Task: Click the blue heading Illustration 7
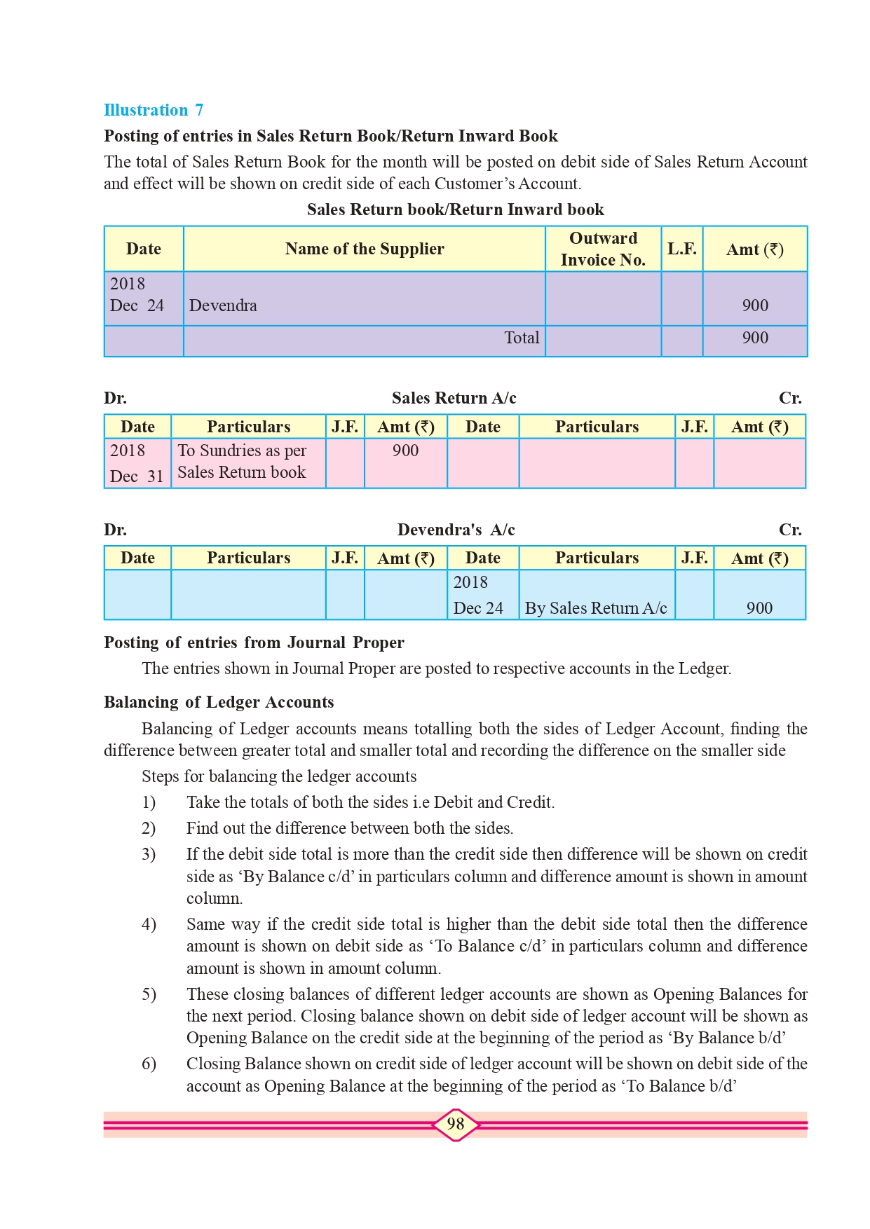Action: [x=154, y=110]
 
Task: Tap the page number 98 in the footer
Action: [x=456, y=1124]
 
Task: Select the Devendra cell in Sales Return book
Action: [x=223, y=305]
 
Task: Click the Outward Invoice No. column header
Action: [x=603, y=249]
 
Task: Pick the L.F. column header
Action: [x=681, y=249]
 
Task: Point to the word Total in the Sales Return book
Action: [x=522, y=338]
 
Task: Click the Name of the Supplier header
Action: [x=365, y=249]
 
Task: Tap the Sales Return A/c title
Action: [x=454, y=398]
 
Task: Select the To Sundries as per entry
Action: [x=242, y=451]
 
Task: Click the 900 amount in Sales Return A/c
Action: [x=405, y=451]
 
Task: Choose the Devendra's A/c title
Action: [x=456, y=530]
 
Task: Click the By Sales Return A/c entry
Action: [x=596, y=608]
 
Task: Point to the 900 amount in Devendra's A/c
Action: [x=759, y=608]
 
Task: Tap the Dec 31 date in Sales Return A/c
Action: [x=137, y=476]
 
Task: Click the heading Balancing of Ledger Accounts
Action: [x=219, y=702]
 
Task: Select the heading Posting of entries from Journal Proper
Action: [x=254, y=643]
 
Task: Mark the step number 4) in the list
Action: [x=149, y=924]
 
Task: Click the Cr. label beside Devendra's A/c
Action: [x=790, y=530]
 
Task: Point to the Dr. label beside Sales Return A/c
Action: [x=116, y=398]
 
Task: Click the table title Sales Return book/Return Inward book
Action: [x=456, y=210]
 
